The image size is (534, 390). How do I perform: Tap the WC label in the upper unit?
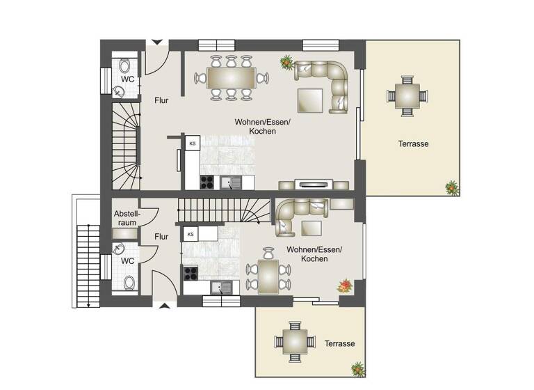(x=127, y=79)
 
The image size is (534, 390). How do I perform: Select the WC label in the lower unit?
(x=127, y=260)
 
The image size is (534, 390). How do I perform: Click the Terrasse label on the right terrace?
(x=413, y=144)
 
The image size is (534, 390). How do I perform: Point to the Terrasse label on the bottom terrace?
(x=339, y=344)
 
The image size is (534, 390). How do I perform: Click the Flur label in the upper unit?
(x=161, y=100)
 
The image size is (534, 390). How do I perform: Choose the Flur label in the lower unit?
(x=161, y=237)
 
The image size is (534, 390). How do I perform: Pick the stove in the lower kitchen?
(x=189, y=273)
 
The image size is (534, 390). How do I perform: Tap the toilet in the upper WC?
(x=124, y=66)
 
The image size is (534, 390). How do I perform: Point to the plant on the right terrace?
(x=452, y=187)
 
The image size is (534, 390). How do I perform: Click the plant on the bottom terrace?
(x=357, y=368)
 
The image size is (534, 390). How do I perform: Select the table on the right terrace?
(x=405, y=93)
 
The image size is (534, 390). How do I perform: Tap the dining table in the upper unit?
(x=231, y=77)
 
